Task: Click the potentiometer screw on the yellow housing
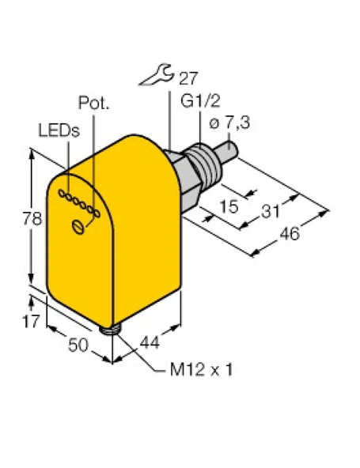pyautogui.click(x=78, y=228)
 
